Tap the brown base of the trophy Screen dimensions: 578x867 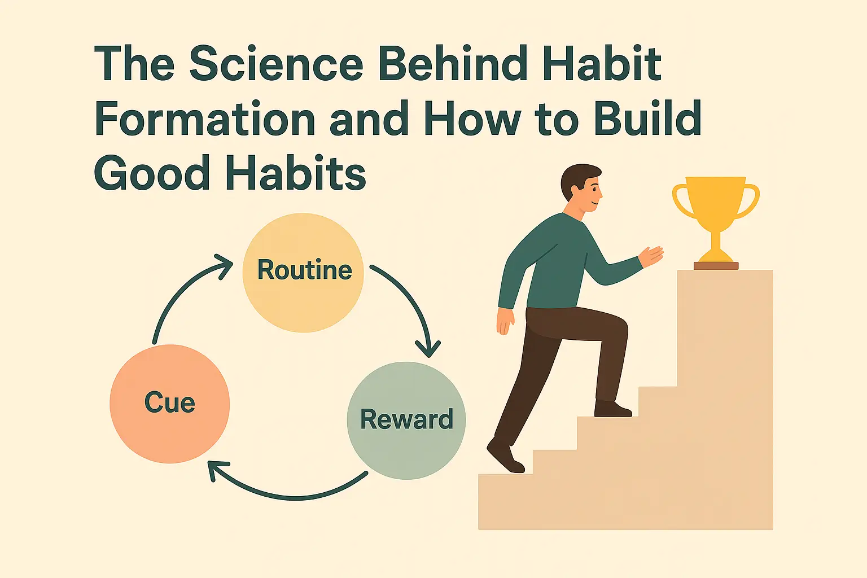(716, 265)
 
